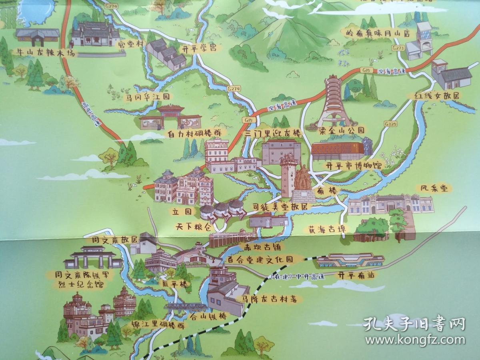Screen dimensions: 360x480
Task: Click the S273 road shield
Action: [398, 48]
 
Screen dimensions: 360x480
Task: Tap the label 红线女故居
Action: [433, 96]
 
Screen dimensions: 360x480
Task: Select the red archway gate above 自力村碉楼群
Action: [171, 114]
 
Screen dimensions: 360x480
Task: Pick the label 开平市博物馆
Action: [348, 164]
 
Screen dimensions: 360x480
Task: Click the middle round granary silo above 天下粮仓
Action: [220, 208]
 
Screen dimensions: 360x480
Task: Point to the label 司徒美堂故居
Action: [282, 207]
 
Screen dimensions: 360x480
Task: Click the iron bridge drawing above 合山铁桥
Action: [187, 308]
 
